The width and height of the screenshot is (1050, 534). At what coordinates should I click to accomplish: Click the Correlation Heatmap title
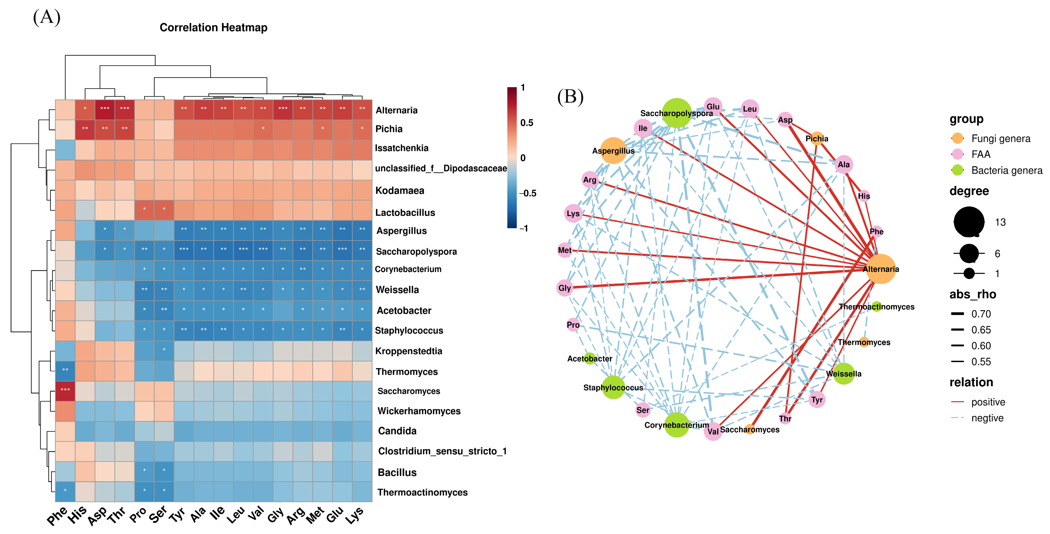(213, 28)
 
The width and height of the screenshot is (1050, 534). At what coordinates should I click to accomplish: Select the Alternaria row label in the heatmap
(396, 110)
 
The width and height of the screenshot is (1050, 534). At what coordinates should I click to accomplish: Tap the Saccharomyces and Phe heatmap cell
(65, 390)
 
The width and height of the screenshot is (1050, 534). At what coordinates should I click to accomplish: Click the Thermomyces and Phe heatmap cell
(65, 370)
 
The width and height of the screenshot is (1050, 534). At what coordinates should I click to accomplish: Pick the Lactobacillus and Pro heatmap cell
(144, 210)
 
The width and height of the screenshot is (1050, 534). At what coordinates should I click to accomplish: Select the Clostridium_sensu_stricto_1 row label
(442, 451)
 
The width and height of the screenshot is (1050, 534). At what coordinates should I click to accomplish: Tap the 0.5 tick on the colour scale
(527, 123)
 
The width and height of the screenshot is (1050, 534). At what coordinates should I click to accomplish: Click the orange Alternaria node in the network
(880, 269)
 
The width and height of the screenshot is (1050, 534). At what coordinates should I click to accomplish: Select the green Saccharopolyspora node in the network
(676, 113)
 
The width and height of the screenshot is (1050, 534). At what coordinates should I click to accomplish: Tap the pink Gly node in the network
(564, 288)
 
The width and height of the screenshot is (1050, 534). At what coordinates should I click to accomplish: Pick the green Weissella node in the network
(843, 374)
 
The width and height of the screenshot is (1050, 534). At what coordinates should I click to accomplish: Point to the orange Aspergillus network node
(613, 151)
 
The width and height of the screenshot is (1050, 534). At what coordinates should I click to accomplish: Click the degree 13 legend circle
(969, 222)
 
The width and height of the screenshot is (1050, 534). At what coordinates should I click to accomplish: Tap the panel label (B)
(570, 97)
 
